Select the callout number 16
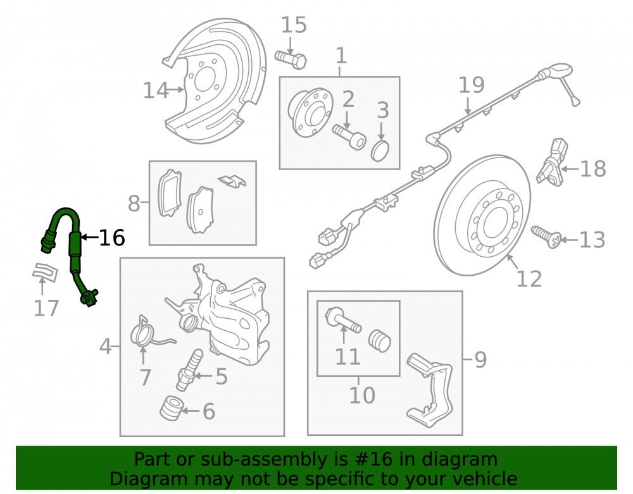112,238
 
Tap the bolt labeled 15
291,59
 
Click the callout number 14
156,90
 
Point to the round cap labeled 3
380,151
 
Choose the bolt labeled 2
349,136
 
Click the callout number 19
471,85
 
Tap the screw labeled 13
546,237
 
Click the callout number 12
529,279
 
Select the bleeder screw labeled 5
189,370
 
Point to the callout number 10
362,395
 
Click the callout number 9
480,359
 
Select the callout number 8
134,204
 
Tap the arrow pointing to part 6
191,411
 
